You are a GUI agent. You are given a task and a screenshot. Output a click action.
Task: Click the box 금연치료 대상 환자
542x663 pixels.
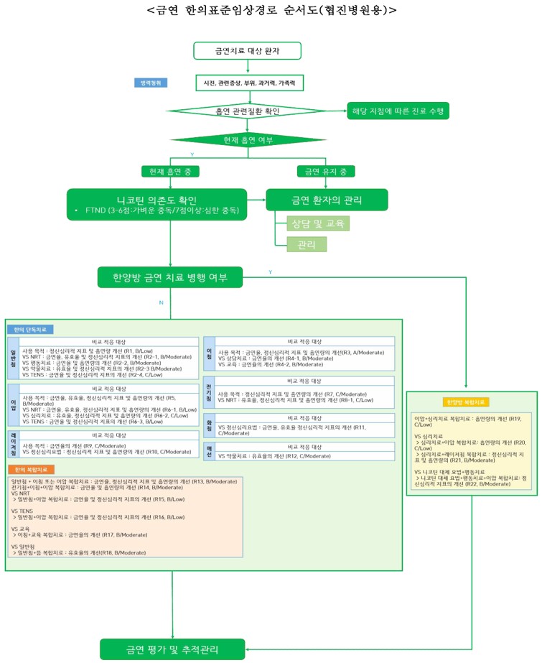(248, 51)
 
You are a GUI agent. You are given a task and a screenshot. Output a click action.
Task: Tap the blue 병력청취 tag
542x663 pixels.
(151, 83)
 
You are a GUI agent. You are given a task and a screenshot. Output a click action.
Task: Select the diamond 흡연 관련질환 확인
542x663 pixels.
(248, 111)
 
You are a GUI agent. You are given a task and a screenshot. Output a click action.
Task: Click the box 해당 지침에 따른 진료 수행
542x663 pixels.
(397, 111)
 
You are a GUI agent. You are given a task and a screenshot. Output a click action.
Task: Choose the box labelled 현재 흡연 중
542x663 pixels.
(171, 171)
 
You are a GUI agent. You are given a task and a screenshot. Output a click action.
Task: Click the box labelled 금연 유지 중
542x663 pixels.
(327, 171)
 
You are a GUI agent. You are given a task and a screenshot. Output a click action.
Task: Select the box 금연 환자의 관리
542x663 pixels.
(327, 199)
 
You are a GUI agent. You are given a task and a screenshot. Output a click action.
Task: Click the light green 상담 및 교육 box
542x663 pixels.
(313, 223)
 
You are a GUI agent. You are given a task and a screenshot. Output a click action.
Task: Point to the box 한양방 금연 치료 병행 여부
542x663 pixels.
(171, 277)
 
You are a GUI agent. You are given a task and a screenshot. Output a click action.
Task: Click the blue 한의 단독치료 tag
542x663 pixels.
(31, 329)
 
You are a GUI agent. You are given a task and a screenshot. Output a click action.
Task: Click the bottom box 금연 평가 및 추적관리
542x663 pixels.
(174, 649)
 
